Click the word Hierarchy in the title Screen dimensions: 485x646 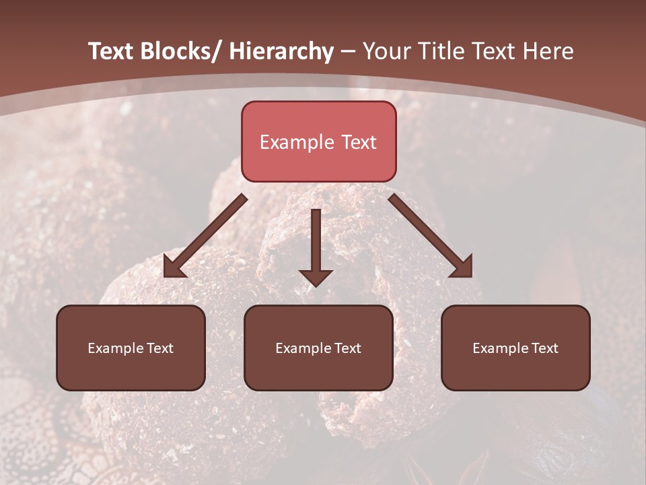(281, 52)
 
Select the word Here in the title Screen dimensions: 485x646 (548, 52)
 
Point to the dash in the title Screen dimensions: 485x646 (348, 52)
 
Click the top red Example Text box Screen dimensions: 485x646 (318, 141)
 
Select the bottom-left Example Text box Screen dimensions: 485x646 (131, 348)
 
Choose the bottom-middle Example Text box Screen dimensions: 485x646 (318, 348)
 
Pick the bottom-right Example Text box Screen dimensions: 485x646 (515, 348)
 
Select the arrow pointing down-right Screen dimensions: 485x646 (431, 236)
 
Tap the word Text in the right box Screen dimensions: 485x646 (544, 348)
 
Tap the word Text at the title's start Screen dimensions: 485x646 (111, 52)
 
